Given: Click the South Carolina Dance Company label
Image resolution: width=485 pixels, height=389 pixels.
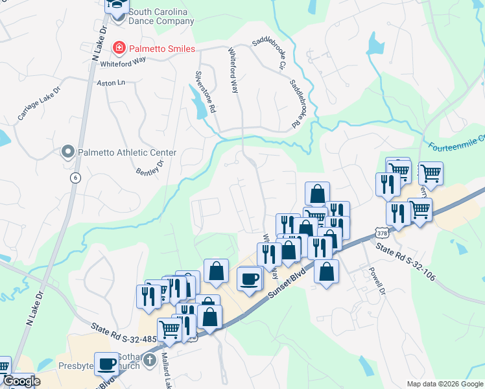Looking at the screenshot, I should [161, 16].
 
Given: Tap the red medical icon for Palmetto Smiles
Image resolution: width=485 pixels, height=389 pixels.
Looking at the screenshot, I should [118, 47].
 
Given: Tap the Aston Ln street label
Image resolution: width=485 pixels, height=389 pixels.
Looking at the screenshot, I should [110, 83].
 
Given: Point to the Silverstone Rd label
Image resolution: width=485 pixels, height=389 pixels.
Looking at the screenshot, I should [206, 91].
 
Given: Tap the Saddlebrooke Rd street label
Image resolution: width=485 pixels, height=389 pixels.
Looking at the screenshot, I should [298, 104].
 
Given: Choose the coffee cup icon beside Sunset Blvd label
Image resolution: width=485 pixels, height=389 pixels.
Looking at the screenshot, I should [249, 279].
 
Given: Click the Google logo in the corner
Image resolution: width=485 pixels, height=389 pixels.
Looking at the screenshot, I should [21, 381].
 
